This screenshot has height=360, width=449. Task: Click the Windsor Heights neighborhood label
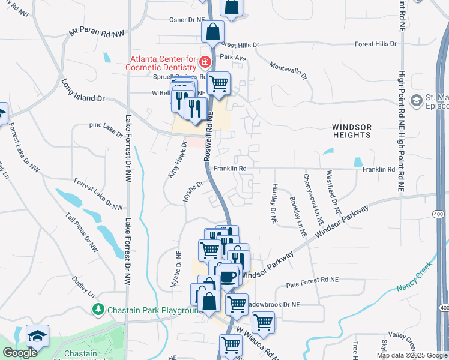352,131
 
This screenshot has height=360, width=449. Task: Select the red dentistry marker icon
205,62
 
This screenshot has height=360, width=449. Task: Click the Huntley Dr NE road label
274,204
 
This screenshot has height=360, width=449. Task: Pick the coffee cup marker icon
228,276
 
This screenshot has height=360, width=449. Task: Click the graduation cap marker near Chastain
37,336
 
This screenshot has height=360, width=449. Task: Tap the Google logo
20,353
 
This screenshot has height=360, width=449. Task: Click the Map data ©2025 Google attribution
411,355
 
